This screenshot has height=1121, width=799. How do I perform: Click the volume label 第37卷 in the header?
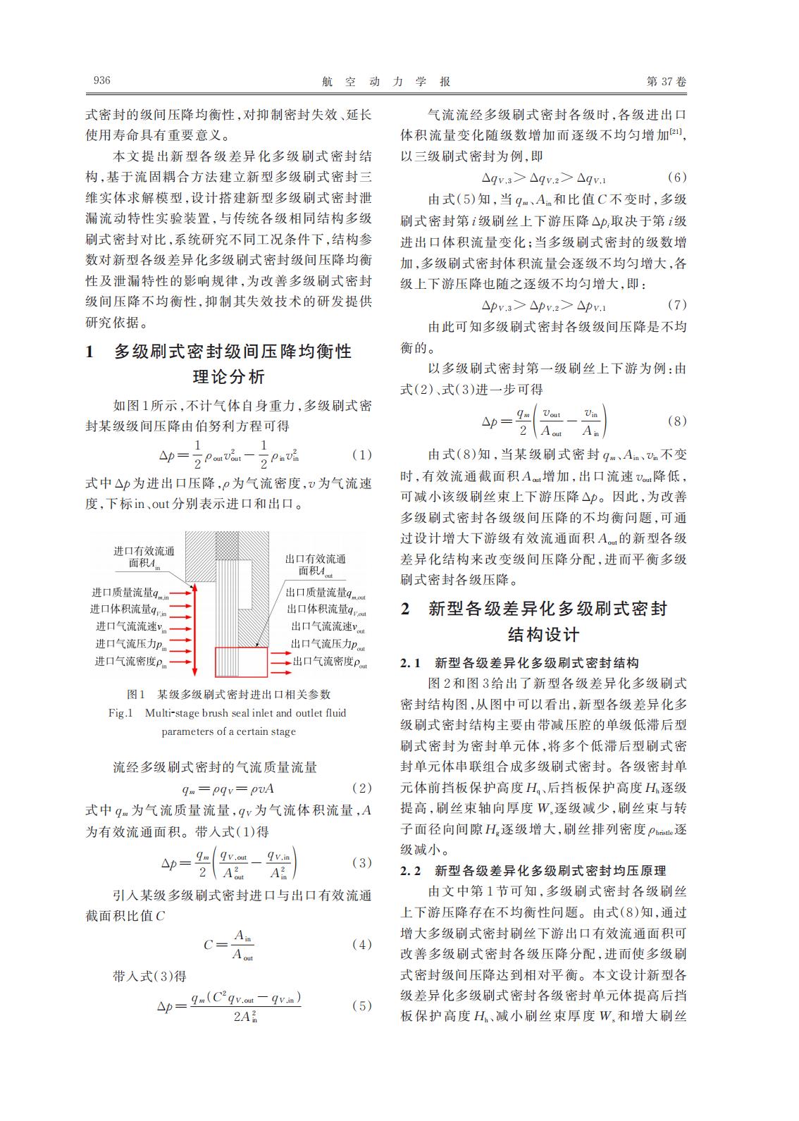[666, 82]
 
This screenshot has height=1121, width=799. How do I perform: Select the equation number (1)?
[361, 455]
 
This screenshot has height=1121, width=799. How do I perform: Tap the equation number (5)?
[361, 1005]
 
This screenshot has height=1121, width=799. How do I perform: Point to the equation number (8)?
[676, 421]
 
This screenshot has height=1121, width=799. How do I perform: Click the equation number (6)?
[676, 178]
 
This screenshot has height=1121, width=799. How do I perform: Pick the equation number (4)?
[361, 944]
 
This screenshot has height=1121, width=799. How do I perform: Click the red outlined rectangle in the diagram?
[241, 662]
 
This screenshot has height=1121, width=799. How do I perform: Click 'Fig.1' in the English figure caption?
[120, 713]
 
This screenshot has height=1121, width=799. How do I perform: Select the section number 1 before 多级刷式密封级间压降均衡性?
[89, 352]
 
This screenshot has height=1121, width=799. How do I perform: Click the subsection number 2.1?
[411, 663]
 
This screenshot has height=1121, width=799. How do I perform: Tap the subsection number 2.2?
[411, 871]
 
